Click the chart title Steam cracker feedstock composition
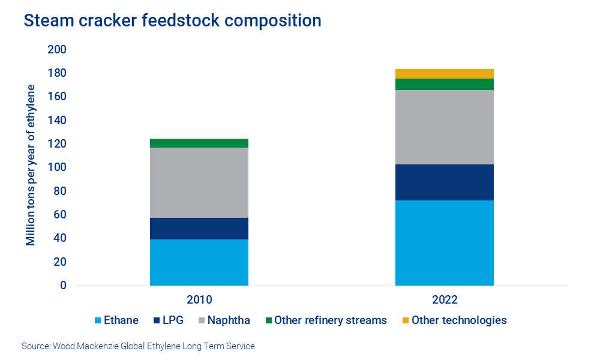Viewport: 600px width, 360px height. [172, 20]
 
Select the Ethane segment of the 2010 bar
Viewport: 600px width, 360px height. [199, 262]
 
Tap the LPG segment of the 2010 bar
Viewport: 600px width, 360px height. [199, 229]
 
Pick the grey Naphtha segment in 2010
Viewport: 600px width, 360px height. [199, 182]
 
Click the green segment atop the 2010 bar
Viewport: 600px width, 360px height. [199, 143]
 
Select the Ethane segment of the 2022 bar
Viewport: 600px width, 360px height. [444, 242]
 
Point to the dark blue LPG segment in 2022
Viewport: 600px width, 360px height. [444, 182]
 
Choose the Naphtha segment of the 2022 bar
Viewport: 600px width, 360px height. [444, 127]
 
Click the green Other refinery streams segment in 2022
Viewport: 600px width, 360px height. [444, 84]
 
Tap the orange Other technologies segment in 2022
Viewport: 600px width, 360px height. [444, 74]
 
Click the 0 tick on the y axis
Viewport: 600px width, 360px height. [62, 286]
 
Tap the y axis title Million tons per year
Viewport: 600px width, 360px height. [31, 165]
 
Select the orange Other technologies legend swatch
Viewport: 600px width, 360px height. [406, 320]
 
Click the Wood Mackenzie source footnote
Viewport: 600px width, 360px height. [138, 346]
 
